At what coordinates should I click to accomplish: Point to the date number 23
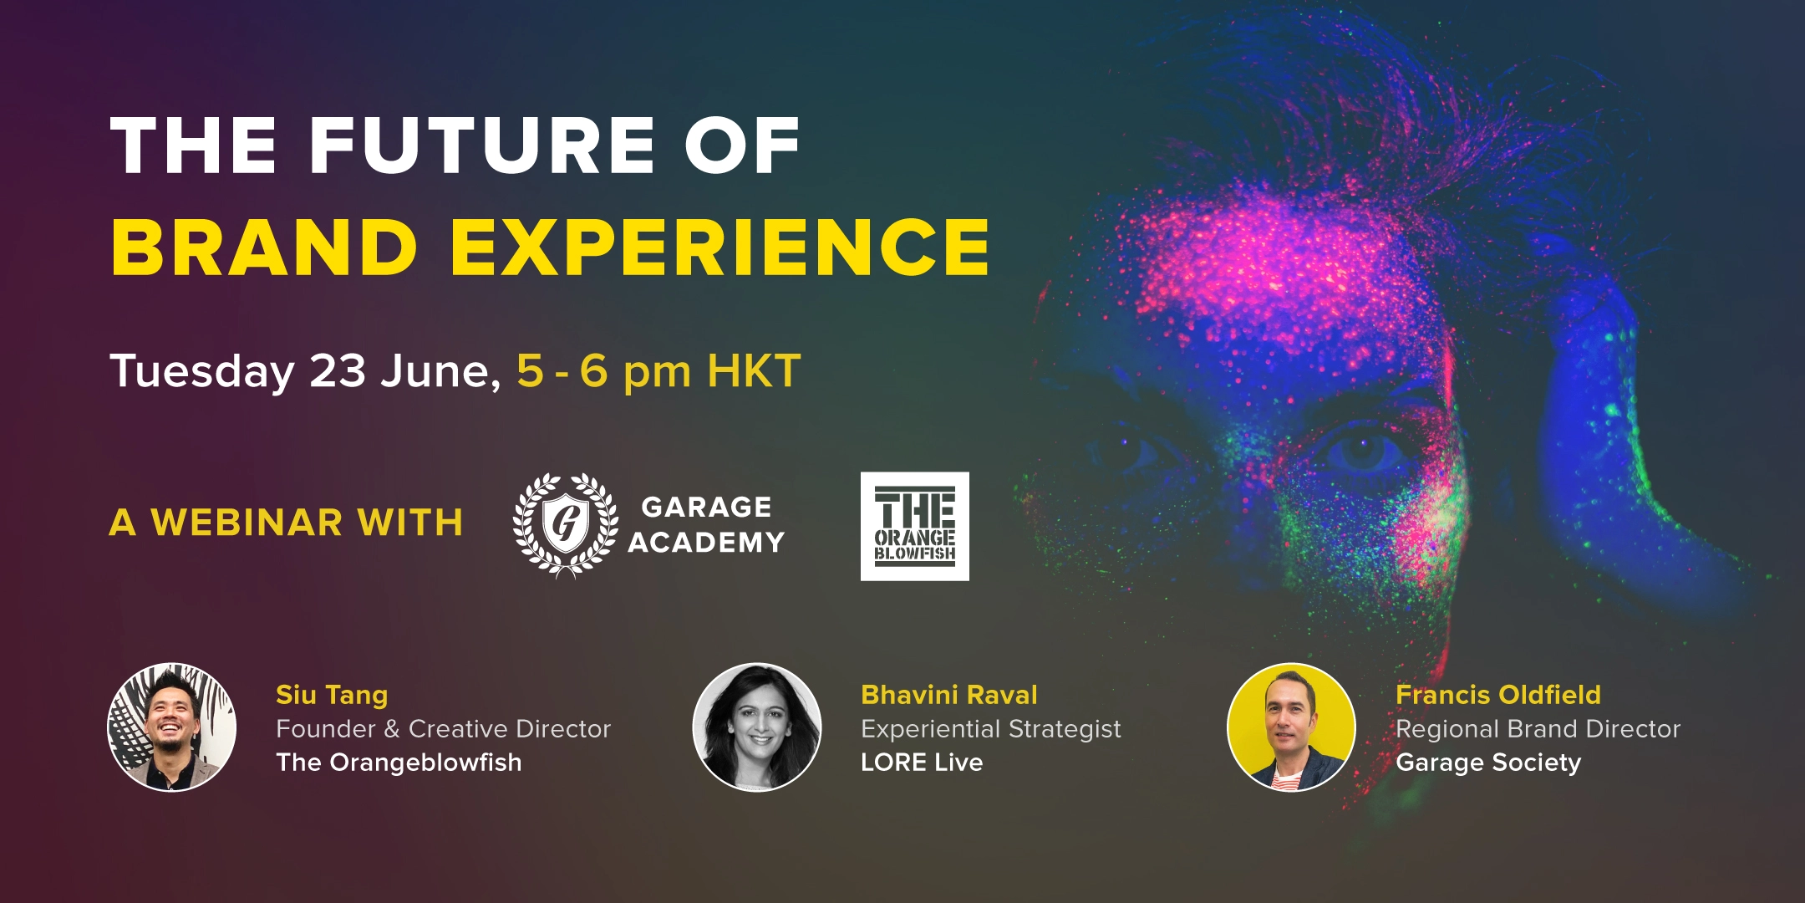[x=338, y=370]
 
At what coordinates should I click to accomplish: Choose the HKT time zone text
[x=755, y=370]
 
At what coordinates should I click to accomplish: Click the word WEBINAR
[x=247, y=523]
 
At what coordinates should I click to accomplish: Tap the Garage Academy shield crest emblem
[x=566, y=525]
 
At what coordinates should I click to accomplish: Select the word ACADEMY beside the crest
[x=706, y=543]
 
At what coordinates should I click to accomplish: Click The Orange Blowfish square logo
[x=915, y=526]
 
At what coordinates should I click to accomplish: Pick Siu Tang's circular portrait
[x=171, y=727]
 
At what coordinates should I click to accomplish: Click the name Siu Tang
[x=332, y=696]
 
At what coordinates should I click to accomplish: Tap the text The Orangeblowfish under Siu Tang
[x=399, y=763]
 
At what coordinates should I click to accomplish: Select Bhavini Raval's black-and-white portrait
[x=757, y=727]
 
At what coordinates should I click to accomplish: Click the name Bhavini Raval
[x=949, y=695]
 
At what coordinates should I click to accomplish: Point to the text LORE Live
[x=922, y=763]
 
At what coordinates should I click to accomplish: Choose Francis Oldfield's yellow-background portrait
[x=1291, y=727]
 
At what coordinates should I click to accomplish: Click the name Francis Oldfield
[x=1498, y=695]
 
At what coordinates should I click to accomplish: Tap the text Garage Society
[x=1488, y=763]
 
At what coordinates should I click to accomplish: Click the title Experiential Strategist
[x=991, y=730]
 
